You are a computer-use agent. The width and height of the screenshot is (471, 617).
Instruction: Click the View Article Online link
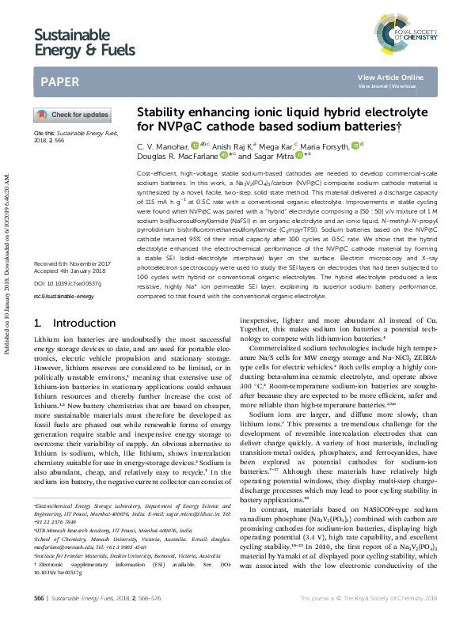pyautogui.click(x=390, y=77)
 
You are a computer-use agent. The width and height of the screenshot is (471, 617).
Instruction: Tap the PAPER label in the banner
pyautogui.click(x=59, y=81)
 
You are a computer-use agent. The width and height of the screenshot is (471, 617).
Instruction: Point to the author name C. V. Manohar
pyautogui.click(x=162, y=146)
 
